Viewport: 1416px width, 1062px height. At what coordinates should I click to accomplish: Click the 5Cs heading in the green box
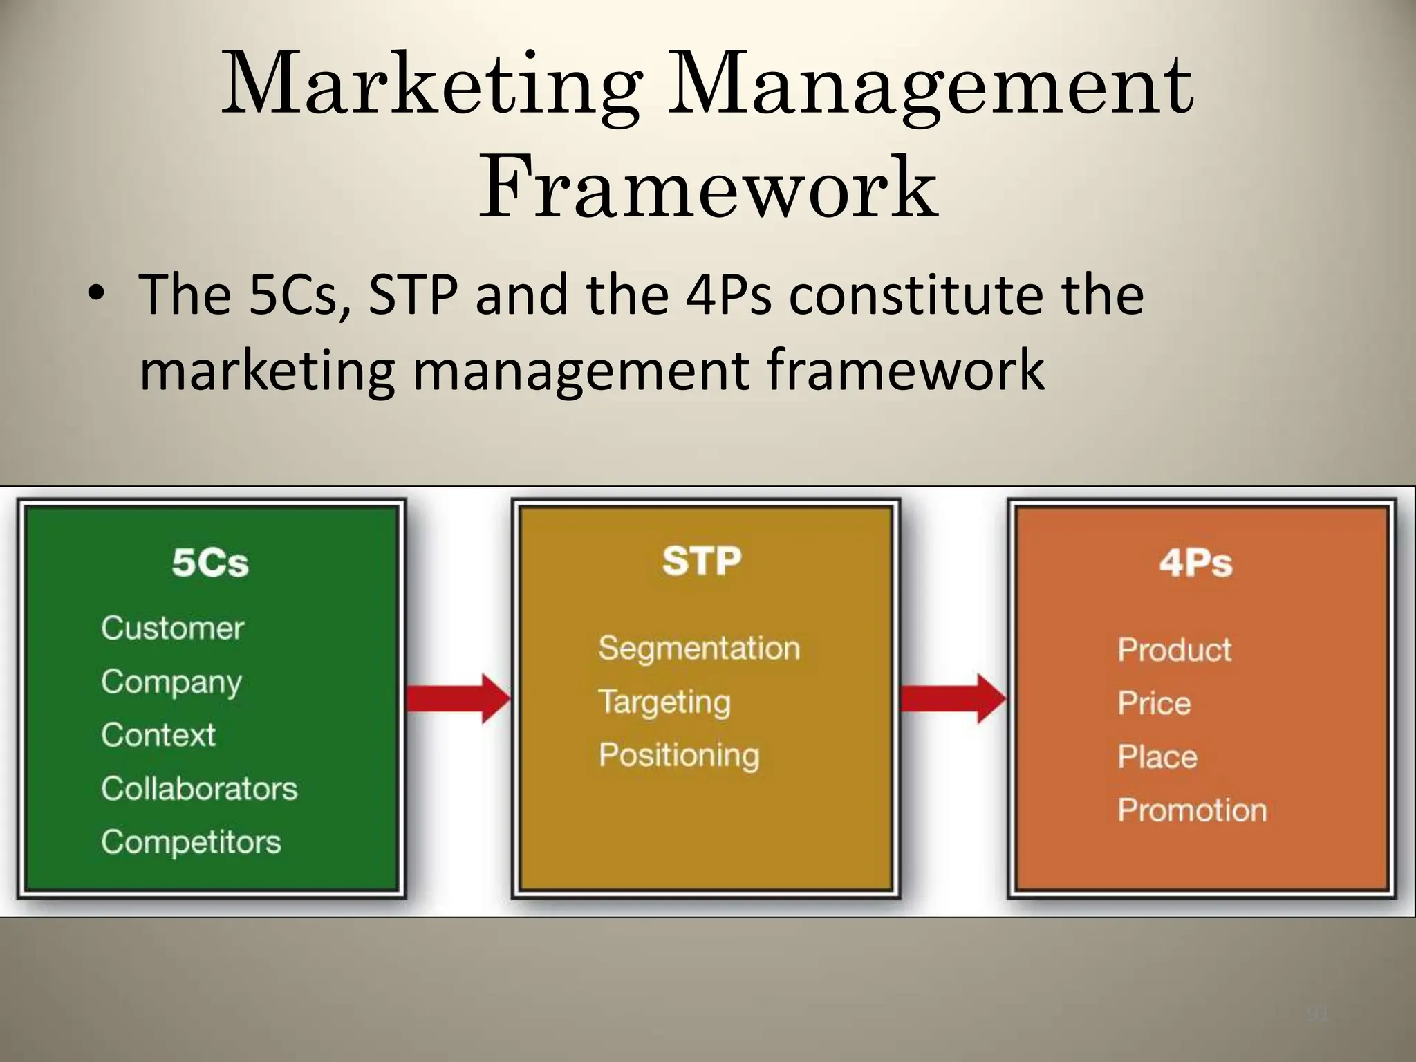[x=210, y=562]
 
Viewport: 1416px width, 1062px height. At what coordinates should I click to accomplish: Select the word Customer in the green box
[x=173, y=628]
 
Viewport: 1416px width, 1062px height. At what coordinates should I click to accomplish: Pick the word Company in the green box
[x=171, y=683]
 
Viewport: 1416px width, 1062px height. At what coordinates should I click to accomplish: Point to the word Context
[x=158, y=735]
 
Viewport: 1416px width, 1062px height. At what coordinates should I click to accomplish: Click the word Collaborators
[x=199, y=789]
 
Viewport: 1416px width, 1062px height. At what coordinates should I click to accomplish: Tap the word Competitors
[x=191, y=842]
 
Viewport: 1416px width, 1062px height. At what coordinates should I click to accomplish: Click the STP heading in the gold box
[x=702, y=561]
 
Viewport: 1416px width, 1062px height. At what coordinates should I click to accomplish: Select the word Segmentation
[x=699, y=649]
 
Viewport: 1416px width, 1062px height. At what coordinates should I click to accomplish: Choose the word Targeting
[x=664, y=702]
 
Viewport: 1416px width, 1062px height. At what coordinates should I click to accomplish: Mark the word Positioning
[x=679, y=755]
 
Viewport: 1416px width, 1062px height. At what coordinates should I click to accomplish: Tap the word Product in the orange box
[x=1175, y=650]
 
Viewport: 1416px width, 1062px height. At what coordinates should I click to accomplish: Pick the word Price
[x=1155, y=704]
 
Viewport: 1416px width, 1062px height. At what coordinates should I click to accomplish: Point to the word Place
[x=1157, y=757]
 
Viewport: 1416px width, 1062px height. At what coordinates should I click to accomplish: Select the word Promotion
[x=1192, y=810]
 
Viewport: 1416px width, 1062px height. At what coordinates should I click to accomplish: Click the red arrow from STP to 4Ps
[x=953, y=698]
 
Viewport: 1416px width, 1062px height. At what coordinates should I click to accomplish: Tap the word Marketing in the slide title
[x=429, y=86]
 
